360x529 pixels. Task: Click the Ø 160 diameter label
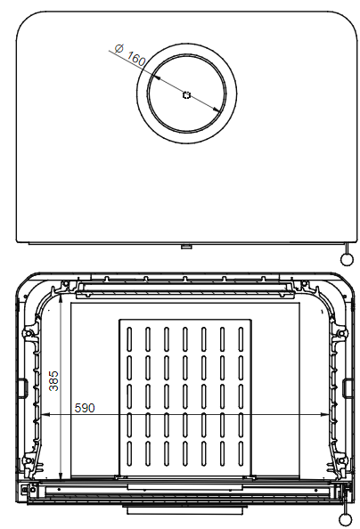coord(130,56)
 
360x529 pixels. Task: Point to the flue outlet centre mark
coord(185,95)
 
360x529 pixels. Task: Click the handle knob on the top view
coord(345,258)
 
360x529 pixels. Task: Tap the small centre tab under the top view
coord(185,247)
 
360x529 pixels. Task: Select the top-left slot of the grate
coord(129,339)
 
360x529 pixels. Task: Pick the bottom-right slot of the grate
coord(241,452)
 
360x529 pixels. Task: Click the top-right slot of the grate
coord(241,339)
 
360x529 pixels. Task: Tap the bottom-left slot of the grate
coord(129,452)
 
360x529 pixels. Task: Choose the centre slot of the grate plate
coord(185,395)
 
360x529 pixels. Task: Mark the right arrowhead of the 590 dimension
coord(330,415)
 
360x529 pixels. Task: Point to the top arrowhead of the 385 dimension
coord(61,301)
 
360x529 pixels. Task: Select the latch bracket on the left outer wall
coord(20,387)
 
